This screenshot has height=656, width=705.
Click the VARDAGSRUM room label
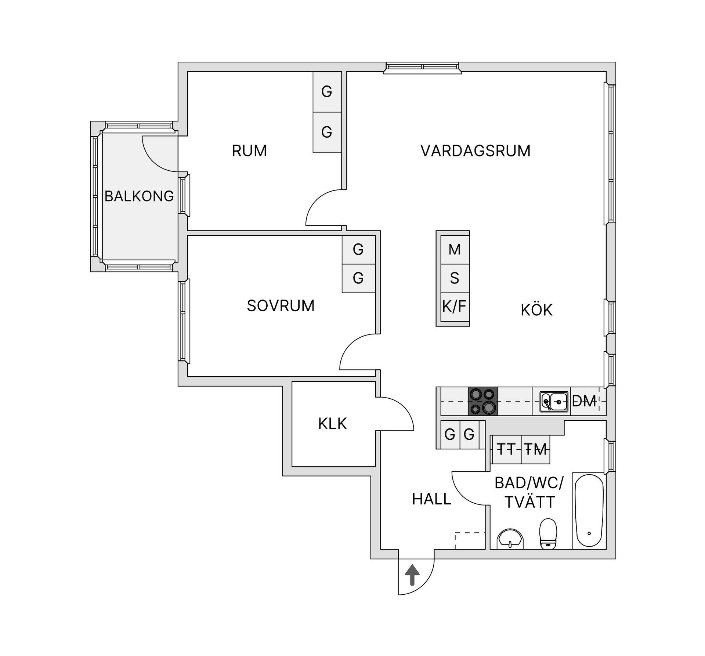pyautogui.click(x=475, y=151)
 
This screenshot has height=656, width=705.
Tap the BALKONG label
pyautogui.click(x=139, y=196)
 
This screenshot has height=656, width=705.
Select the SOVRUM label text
pyautogui.click(x=281, y=306)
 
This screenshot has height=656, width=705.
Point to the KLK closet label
pyautogui.click(x=332, y=424)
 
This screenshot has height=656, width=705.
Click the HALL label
pyautogui.click(x=431, y=499)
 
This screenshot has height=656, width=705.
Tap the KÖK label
pyautogui.click(x=536, y=310)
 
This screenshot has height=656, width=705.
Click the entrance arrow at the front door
pyautogui.click(x=412, y=575)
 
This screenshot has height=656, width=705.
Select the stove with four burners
pyautogui.click(x=483, y=401)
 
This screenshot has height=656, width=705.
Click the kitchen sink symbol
pyautogui.click(x=554, y=402)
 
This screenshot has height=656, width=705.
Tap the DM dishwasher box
pyautogui.click(x=584, y=401)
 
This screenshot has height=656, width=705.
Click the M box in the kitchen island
pyautogui.click(x=455, y=250)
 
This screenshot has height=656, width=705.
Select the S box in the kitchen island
pyautogui.click(x=455, y=278)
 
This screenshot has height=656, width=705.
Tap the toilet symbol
pyautogui.click(x=548, y=534)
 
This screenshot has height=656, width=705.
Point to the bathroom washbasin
pyautogui.click(x=510, y=539)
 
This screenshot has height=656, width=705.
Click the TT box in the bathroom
pyautogui.click(x=506, y=449)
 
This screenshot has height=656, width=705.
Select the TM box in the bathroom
pyautogui.click(x=535, y=449)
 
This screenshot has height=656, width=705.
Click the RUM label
pyautogui.click(x=249, y=151)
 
